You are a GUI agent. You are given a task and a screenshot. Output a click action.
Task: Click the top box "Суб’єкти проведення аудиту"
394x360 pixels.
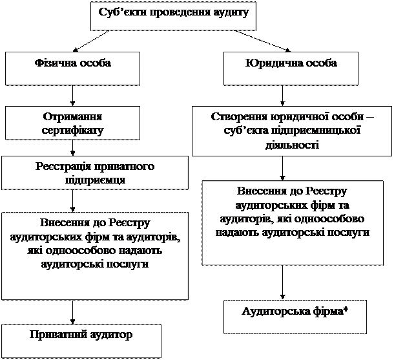click(x=174, y=16)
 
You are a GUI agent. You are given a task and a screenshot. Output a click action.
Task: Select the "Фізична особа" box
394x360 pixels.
click(x=72, y=68)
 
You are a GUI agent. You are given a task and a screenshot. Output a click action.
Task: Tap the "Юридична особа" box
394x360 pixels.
click(x=291, y=68)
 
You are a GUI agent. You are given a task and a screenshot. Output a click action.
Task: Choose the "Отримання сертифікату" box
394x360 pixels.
click(x=72, y=123)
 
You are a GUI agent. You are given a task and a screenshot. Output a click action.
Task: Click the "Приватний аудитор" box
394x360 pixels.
click(x=81, y=341)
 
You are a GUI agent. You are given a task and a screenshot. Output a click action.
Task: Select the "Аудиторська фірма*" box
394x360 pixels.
click(x=295, y=315)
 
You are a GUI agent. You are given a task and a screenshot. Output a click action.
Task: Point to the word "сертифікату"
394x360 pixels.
click(x=72, y=129)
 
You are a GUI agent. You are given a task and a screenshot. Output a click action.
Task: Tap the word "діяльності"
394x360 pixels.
click(x=292, y=143)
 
